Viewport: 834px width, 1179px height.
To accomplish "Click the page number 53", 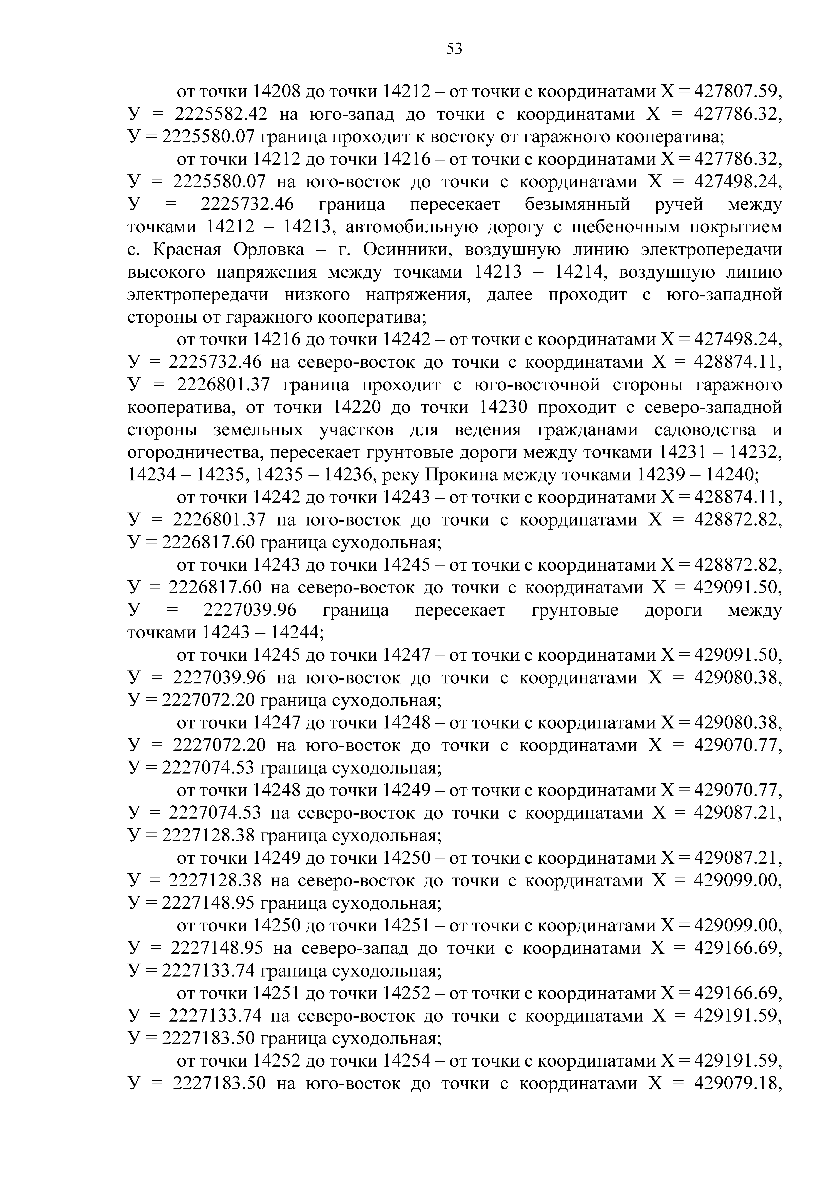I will [454, 49].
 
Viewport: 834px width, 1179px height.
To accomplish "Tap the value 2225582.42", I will [220, 114].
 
